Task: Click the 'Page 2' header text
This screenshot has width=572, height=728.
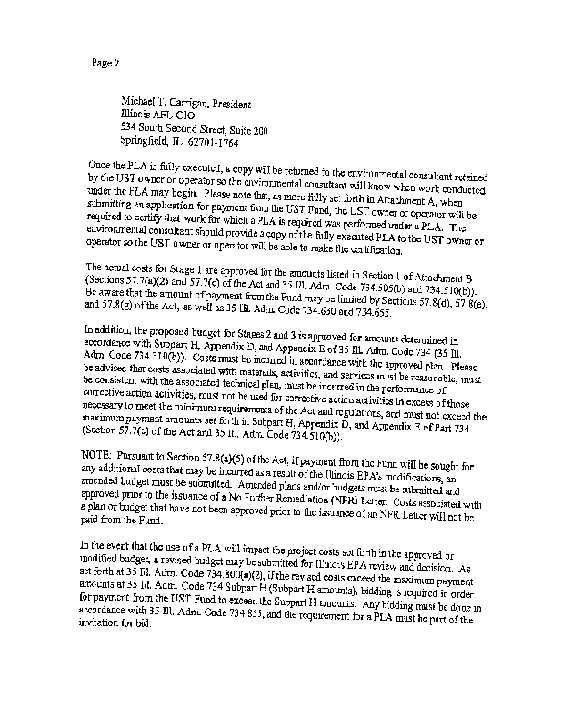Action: pos(105,63)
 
